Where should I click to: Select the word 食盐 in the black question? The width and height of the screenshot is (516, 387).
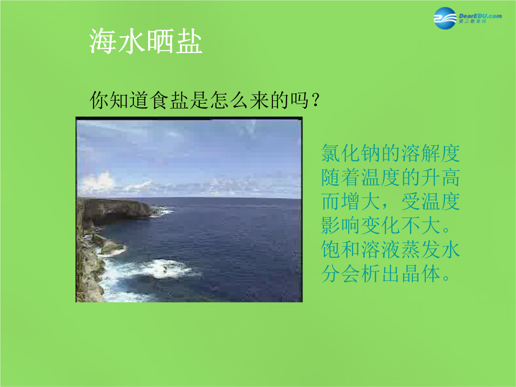(x=170, y=100)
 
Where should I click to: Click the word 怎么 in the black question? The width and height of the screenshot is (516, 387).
(x=229, y=100)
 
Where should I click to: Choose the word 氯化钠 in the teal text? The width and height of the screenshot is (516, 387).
(x=351, y=153)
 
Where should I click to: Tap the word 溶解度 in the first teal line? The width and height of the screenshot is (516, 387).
(x=430, y=153)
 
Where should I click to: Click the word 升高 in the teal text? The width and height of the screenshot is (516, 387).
(x=441, y=177)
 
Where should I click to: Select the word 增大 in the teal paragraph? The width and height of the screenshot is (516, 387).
(x=361, y=202)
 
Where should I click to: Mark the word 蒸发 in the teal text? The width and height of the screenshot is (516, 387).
(x=420, y=249)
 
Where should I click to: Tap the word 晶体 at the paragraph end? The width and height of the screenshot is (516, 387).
(x=420, y=273)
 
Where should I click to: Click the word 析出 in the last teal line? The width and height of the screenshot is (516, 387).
(x=381, y=273)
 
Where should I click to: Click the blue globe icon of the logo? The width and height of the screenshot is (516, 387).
(x=445, y=18)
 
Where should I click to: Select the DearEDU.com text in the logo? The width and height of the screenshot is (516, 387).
(x=480, y=16)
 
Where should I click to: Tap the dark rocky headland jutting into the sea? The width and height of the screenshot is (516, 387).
(x=116, y=208)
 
